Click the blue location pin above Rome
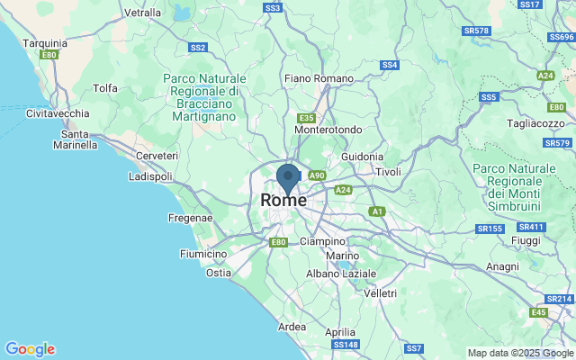coord(288,176)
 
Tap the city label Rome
coord(283,201)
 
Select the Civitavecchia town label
coord(58,113)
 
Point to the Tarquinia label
coord(45,42)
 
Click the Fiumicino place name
coord(206,254)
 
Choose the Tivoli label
coord(388,172)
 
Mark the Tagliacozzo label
coord(535,123)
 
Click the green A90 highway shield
coord(316,175)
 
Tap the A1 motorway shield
coord(377,211)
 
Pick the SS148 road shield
coord(346,345)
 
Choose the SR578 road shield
coord(476,31)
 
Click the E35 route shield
coord(307,118)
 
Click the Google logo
coord(30,349)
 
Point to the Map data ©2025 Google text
coord(520,353)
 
